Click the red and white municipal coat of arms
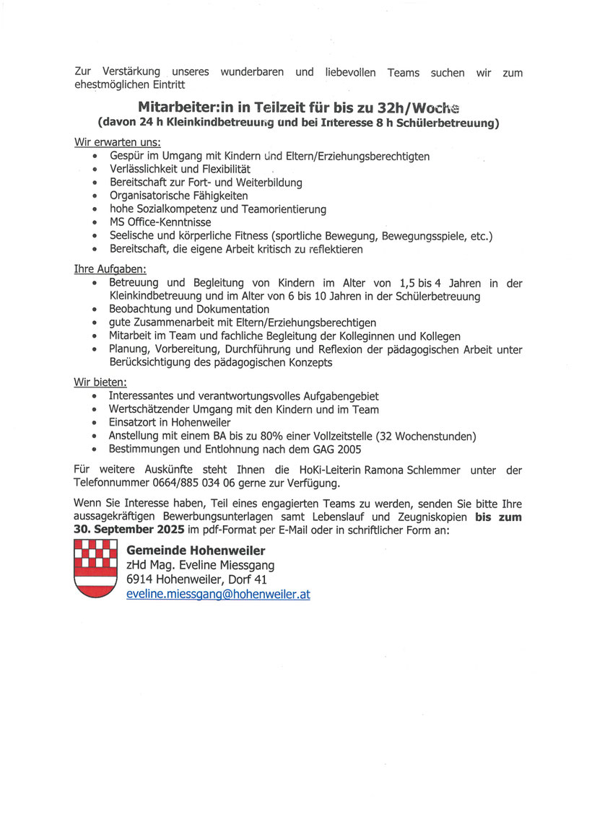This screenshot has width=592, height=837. click(x=96, y=569)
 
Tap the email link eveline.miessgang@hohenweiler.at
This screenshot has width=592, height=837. click(x=218, y=595)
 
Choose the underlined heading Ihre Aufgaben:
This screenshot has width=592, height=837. click(x=110, y=269)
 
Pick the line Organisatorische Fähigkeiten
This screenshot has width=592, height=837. click(x=178, y=196)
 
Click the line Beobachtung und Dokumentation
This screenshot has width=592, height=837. click(x=189, y=310)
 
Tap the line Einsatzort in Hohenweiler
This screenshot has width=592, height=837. click(x=170, y=423)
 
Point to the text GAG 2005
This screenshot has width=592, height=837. click(x=351, y=449)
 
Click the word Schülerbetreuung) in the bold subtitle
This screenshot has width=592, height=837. click(x=448, y=123)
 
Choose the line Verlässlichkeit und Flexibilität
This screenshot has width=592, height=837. click(x=180, y=170)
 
